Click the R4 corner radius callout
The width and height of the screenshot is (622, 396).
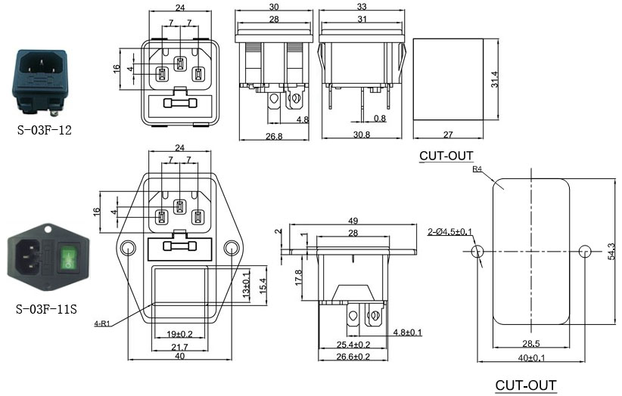pyautogui.click(x=477, y=170)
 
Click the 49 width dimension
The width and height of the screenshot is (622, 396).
pyautogui.click(x=353, y=220)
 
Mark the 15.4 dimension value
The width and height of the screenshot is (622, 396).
pyautogui.click(x=264, y=290)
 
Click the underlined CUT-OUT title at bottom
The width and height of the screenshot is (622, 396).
pyautogui.click(x=525, y=385)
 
